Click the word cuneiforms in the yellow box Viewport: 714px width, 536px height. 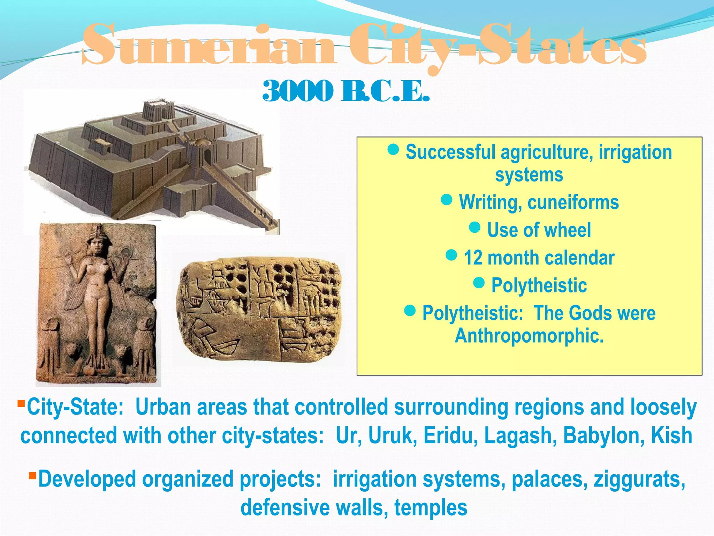click(x=573, y=202)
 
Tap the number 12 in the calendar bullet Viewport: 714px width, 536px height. click(x=473, y=258)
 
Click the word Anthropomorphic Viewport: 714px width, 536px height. click(x=529, y=336)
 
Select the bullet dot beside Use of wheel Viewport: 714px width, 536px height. click(x=474, y=228)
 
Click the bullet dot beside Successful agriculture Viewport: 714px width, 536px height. click(x=393, y=149)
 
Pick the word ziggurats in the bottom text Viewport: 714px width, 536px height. click(x=639, y=479)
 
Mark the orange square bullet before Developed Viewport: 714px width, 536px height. click(x=32, y=476)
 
